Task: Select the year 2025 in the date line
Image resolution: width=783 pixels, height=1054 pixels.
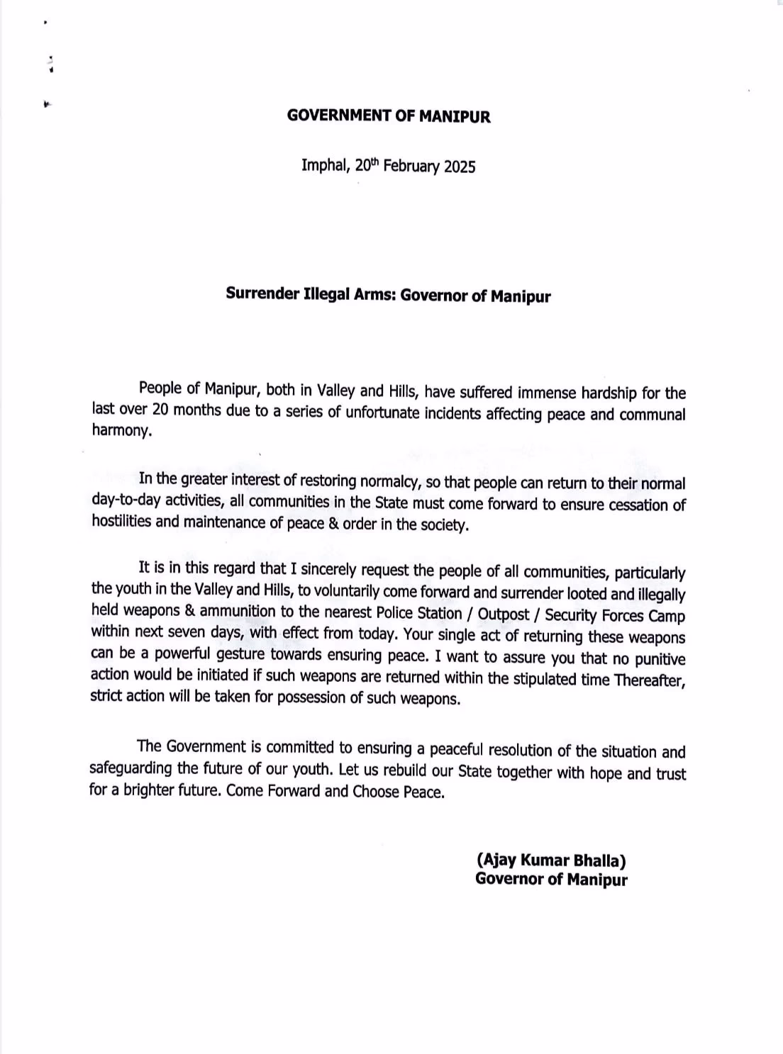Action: point(460,167)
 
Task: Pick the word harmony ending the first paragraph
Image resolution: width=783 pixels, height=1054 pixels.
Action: point(121,430)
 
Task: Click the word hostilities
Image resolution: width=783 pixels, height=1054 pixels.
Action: point(120,522)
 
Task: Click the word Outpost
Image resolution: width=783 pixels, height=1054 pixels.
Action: point(504,614)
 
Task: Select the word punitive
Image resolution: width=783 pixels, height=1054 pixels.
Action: point(660,658)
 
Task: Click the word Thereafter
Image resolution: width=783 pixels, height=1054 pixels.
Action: point(648,679)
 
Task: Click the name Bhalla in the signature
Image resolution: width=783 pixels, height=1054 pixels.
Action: point(601,860)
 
